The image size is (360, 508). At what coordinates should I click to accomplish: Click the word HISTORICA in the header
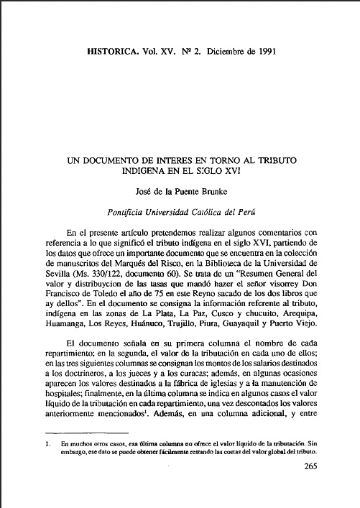click(x=114, y=52)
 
